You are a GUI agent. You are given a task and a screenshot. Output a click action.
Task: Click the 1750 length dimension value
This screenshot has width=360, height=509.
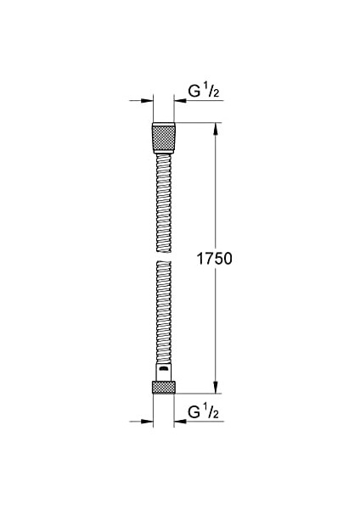(215, 257)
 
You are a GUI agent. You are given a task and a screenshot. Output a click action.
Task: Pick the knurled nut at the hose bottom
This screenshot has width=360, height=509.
(163, 388)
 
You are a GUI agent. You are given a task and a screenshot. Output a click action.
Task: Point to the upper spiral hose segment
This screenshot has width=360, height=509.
(163, 199)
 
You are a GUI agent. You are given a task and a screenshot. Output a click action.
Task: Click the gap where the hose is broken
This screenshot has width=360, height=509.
(163, 255)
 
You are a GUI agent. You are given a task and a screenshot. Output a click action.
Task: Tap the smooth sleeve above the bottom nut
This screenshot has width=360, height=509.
(163, 372)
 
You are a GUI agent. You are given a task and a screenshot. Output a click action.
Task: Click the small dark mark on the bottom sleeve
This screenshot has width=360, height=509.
(161, 370)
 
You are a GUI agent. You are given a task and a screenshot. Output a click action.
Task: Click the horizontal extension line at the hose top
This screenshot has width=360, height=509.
(200, 124)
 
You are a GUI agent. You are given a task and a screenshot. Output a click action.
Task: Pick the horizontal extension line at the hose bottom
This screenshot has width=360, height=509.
(200, 394)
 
